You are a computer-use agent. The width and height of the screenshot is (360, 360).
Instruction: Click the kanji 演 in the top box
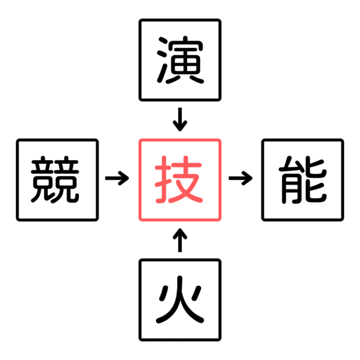pos(180,60)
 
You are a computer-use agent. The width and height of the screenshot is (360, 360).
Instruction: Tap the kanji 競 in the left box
pos(55,179)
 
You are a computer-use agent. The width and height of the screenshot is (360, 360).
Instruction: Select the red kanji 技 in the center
pos(179,179)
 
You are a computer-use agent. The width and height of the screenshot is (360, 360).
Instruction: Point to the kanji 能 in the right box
pos(303,179)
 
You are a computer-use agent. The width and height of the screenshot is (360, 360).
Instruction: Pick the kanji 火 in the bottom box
pos(180,300)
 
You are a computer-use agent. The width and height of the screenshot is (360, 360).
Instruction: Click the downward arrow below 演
pos(180,119)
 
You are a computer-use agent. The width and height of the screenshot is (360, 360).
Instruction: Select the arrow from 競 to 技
pos(117,178)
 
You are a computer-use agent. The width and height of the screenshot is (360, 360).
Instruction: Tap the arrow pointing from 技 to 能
pos(241,178)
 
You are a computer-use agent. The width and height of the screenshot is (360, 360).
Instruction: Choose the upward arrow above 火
pos(180,240)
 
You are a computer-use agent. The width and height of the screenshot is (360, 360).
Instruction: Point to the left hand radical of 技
pos(163,179)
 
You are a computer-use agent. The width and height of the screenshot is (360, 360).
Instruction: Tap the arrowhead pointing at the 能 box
pos(247,178)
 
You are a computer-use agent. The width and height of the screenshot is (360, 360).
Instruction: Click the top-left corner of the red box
pos(140,140)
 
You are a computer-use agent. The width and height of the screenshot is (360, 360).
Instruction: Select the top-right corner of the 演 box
pos(220,20)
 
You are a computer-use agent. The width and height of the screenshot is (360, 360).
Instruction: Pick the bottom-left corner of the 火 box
pos(140,340)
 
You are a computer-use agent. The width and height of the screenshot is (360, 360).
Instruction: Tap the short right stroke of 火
pos(197,292)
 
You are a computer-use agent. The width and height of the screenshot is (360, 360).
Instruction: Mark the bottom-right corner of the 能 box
pos(343,220)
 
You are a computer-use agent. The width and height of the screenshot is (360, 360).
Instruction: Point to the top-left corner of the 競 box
pos(17,140)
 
